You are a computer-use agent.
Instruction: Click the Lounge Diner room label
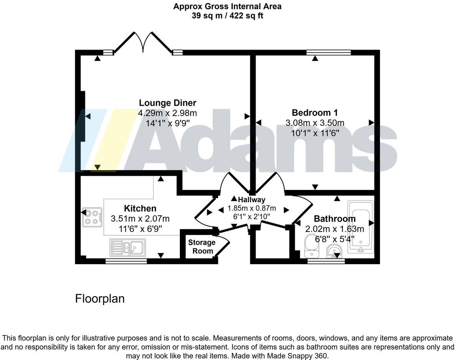167,103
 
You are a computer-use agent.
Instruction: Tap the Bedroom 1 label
315,113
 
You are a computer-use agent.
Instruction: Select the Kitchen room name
140,208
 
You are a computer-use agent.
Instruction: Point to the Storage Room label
202,247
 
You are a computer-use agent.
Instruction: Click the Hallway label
252,200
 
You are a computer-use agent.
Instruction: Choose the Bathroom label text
335,219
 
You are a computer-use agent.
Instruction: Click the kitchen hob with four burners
92,217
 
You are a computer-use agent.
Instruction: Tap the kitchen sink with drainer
127,247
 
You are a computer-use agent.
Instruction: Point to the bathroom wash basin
334,251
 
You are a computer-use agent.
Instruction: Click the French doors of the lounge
143,42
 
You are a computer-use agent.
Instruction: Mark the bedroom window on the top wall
329,52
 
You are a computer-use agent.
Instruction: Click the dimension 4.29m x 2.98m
167,113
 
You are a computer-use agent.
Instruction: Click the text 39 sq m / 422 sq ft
227,16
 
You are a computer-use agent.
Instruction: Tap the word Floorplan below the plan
100,299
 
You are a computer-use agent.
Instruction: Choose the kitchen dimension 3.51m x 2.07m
140,219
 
